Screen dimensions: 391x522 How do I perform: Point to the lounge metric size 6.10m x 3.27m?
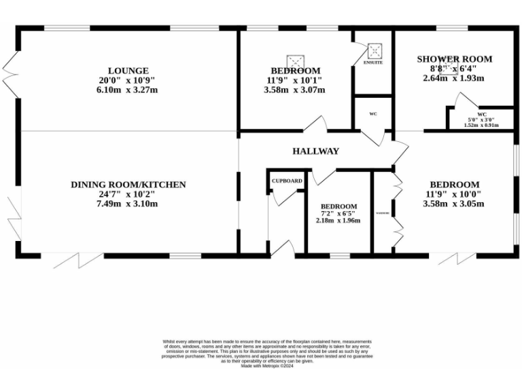click(128, 90)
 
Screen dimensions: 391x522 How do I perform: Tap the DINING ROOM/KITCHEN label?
click(128, 185)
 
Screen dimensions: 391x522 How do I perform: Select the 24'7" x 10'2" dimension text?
click(128, 194)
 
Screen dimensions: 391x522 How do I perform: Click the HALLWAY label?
click(315, 151)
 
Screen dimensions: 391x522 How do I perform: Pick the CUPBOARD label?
click(287, 181)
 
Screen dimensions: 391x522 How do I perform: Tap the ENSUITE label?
click(372, 62)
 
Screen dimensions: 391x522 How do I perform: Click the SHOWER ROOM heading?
click(454, 59)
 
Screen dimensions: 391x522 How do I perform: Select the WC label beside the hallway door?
click(373, 113)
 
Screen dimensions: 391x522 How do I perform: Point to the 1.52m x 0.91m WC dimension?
click(481, 125)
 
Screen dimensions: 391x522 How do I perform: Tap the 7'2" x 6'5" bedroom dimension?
click(338, 214)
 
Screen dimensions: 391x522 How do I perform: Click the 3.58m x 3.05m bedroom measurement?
click(454, 204)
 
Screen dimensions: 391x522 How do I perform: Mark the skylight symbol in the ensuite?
click(373, 51)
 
